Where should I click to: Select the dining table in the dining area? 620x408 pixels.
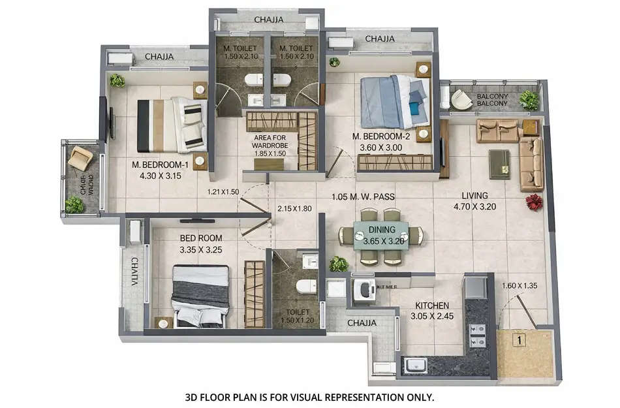[381, 236]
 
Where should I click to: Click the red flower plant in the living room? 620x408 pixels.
[535, 202]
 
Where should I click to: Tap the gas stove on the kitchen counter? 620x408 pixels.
[478, 335]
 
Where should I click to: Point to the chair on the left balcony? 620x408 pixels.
[80, 157]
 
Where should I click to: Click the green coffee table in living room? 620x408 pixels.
[499, 163]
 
